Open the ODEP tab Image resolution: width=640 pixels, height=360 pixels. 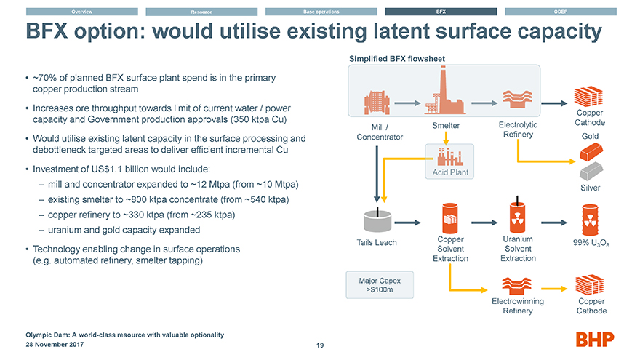tap(561, 12)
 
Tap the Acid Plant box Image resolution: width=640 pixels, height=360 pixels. tap(449, 161)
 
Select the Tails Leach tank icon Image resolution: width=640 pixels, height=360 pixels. tap(377, 222)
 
